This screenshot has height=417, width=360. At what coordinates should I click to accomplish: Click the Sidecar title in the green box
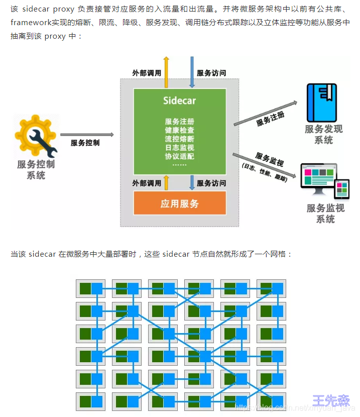point(179,100)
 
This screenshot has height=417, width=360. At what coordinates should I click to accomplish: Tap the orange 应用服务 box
point(179,203)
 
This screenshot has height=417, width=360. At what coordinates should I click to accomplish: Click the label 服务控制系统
point(36,169)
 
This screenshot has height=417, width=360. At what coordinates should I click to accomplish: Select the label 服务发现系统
point(323,134)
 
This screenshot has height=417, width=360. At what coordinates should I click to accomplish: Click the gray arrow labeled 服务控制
point(87,135)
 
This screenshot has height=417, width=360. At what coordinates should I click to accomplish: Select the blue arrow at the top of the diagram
point(192,70)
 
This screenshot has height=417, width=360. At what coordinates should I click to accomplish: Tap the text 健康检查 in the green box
point(179,130)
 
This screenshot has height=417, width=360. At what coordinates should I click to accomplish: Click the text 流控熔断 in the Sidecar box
point(179,139)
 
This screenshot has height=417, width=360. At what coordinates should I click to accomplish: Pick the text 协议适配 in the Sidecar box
point(179,156)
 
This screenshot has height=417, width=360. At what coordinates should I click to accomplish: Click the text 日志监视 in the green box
point(179,148)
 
